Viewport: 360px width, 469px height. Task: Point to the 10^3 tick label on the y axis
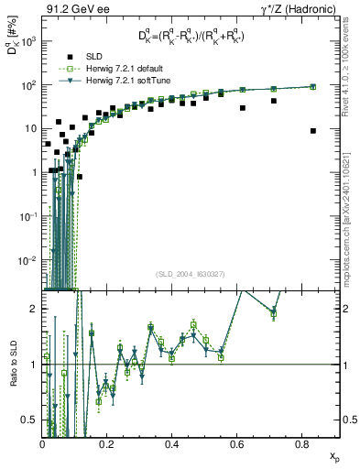coord(28,42)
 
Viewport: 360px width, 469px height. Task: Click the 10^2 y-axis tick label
coord(28,85)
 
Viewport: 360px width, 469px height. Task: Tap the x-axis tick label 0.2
coord(107,443)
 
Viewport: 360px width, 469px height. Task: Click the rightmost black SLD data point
coord(313,131)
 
